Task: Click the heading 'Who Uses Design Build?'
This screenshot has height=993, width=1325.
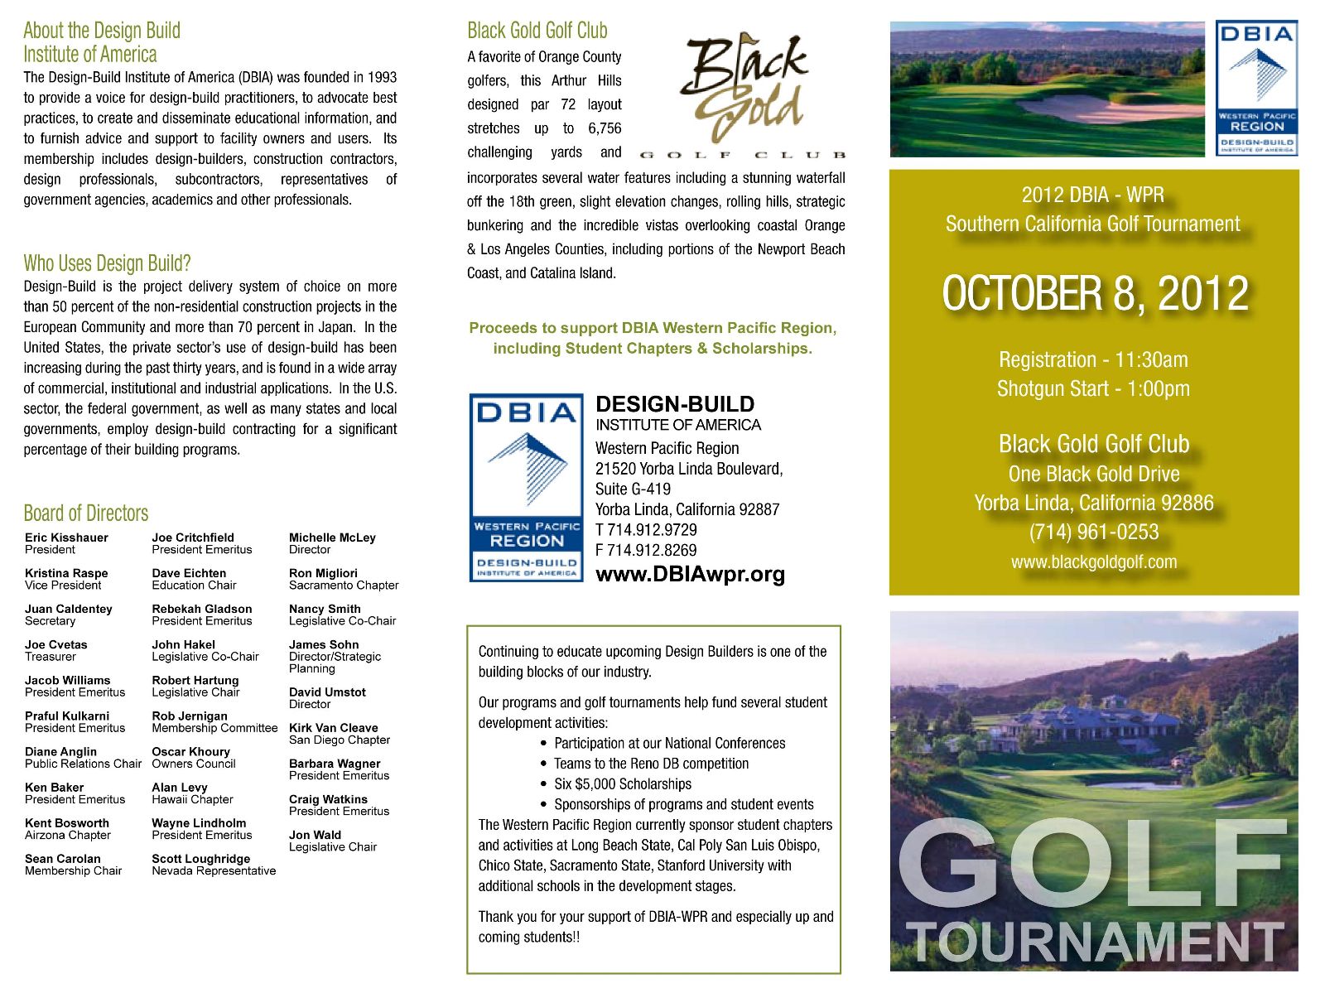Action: (107, 263)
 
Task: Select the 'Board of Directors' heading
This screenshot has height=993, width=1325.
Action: (86, 513)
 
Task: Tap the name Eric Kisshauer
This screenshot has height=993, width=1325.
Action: (66, 537)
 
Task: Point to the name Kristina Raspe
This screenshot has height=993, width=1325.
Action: (66, 573)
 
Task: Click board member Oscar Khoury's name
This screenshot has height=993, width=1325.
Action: (190, 751)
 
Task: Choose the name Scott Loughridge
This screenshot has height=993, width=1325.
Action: (200, 859)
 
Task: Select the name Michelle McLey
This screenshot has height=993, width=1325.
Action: (332, 537)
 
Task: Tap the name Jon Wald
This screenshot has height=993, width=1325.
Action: (315, 835)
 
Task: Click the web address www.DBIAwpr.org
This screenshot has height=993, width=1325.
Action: (690, 574)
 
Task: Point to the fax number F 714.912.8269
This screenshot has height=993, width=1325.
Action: (646, 551)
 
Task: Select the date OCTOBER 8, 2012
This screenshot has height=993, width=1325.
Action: (1095, 294)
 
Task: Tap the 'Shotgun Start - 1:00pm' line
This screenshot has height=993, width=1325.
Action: (1093, 388)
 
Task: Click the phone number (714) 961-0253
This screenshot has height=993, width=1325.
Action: (1094, 532)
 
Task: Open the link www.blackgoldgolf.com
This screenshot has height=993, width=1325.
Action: (1094, 562)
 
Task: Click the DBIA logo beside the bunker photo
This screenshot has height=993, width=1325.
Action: (1256, 88)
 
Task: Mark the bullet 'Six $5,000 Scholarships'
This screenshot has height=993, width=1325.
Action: (622, 784)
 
